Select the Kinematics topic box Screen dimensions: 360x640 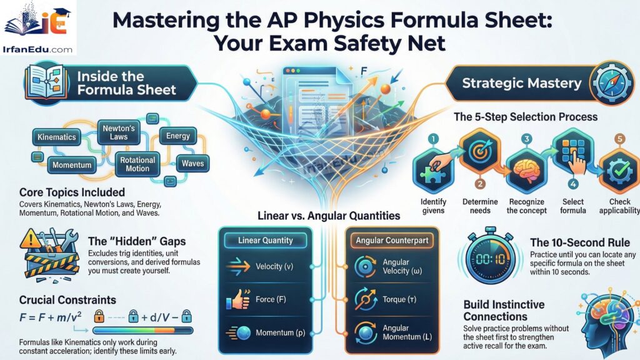[x=56, y=137]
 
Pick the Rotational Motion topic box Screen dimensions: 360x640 [x=137, y=164]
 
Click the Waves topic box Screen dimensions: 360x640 [x=192, y=164]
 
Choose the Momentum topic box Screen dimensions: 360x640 [x=72, y=166]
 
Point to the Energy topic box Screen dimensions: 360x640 [x=178, y=136]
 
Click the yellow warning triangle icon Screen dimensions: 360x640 [x=31, y=239]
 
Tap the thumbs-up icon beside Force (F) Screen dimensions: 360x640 [x=239, y=299]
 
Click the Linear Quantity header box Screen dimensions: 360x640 [x=266, y=240]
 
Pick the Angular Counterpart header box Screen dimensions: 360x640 [x=392, y=240]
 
